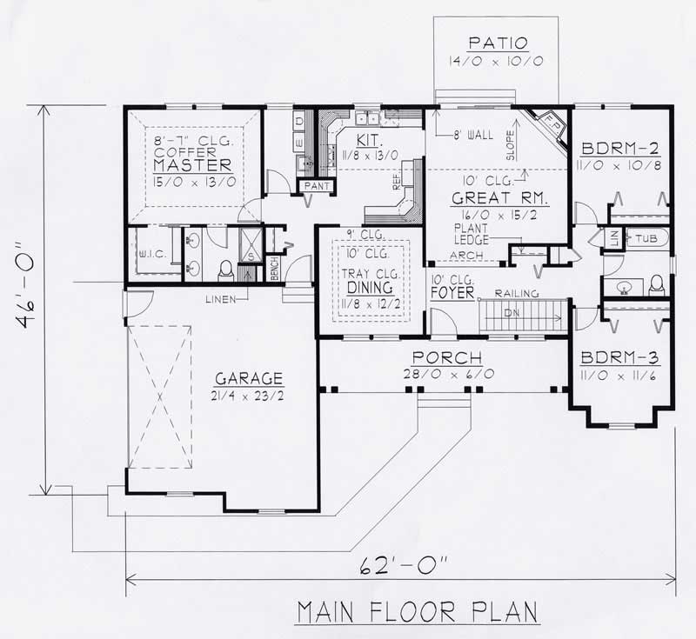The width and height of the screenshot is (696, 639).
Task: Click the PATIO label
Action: pyautogui.click(x=499, y=43)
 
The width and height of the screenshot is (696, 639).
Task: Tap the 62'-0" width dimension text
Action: pyautogui.click(x=402, y=568)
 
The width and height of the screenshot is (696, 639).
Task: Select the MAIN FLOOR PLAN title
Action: pyautogui.click(x=417, y=612)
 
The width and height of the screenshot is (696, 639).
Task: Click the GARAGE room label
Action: pyautogui.click(x=250, y=378)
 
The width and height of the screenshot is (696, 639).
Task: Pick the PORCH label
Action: pyautogui.click(x=447, y=357)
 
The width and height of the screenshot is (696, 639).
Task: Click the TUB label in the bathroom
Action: pyautogui.click(x=646, y=237)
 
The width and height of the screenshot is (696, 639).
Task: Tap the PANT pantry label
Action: pyautogui.click(x=311, y=185)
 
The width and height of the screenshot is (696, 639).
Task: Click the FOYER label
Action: pyautogui.click(x=452, y=293)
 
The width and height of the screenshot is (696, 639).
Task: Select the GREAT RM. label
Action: pyautogui.click(x=493, y=198)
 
